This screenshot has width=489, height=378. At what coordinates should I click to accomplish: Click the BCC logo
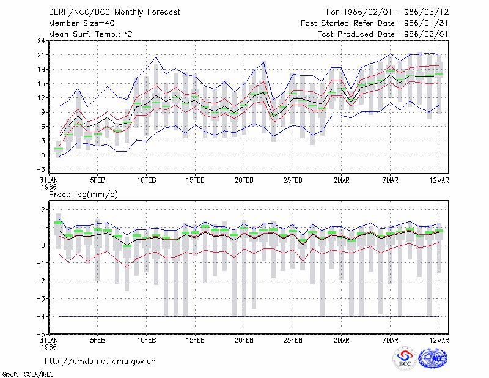[x=405, y=358]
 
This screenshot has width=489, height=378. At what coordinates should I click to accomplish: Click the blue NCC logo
[x=433, y=358]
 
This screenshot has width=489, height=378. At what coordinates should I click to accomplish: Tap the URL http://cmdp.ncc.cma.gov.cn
[x=100, y=361]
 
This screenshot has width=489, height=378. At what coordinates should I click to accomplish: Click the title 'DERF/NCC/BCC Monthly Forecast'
[x=114, y=12]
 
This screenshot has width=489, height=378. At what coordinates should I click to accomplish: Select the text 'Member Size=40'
[x=82, y=23]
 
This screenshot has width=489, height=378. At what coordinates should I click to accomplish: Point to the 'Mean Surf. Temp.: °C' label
[x=90, y=34]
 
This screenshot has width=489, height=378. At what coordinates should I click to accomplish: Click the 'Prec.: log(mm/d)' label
[x=83, y=195]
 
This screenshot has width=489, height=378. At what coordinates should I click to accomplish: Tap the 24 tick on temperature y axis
[x=41, y=40]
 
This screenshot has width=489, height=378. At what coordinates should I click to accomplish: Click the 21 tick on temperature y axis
[x=41, y=55]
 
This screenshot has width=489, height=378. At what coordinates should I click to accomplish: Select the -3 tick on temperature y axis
[x=40, y=169]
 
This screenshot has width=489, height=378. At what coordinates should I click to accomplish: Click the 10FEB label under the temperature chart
[x=146, y=180]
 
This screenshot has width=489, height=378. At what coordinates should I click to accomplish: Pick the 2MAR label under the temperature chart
[x=342, y=180]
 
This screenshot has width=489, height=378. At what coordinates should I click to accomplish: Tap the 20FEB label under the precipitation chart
[x=244, y=340]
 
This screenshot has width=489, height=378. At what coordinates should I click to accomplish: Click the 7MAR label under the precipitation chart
[x=390, y=340]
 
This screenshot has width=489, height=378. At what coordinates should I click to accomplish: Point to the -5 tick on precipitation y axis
[x=40, y=334]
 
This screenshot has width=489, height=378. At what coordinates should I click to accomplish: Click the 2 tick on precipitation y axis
[x=43, y=209]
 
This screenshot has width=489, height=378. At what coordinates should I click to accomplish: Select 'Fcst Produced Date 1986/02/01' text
[x=383, y=34]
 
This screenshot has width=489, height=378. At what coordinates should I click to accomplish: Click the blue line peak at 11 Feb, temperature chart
[x=156, y=57]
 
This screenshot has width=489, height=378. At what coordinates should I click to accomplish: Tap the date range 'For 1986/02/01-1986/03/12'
[x=388, y=12]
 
